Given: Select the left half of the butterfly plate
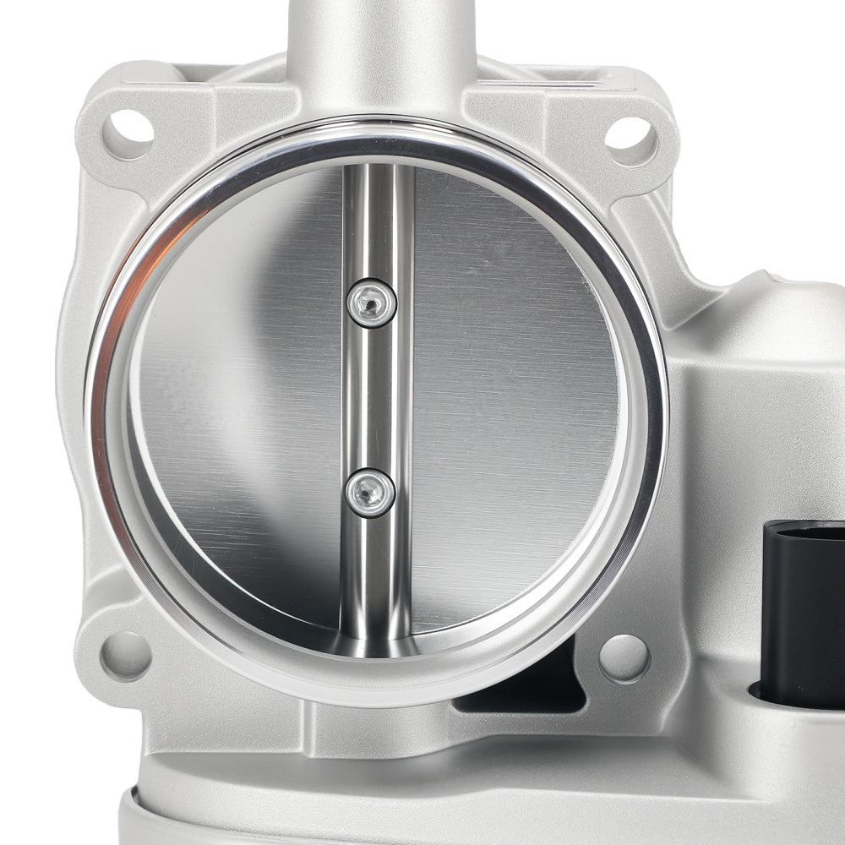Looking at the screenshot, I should coord(245,397).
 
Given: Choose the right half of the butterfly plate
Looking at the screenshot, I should coord(515,397).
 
